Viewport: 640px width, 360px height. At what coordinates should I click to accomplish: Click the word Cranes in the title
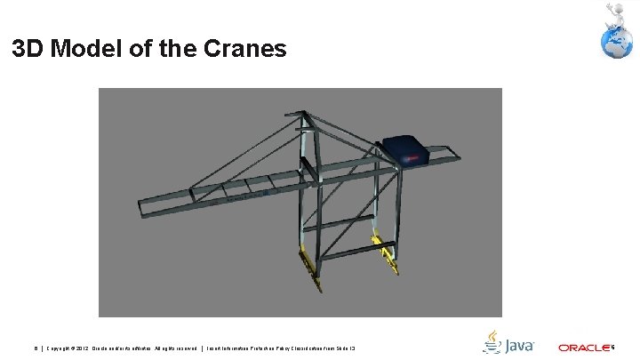[x=244, y=48]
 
